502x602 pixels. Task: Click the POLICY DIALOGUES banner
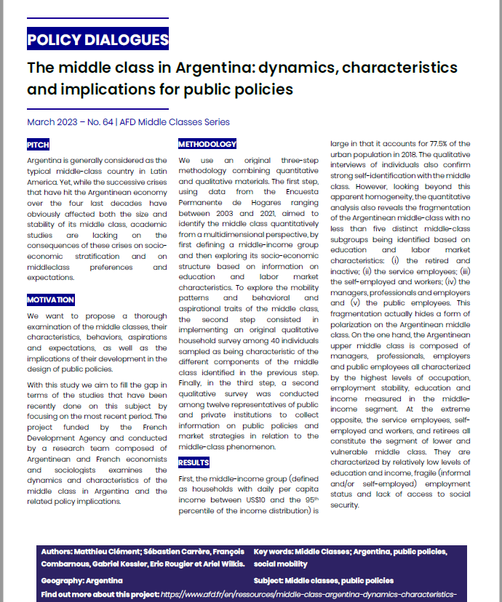click(97, 39)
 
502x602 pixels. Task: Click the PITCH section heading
click(38, 145)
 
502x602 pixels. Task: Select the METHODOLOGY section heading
click(207, 145)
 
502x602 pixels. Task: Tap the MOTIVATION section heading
click(51, 300)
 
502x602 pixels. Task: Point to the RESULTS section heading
click(194, 462)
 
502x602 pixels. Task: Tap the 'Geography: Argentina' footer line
click(82, 581)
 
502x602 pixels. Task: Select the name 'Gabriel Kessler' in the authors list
click(120, 563)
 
